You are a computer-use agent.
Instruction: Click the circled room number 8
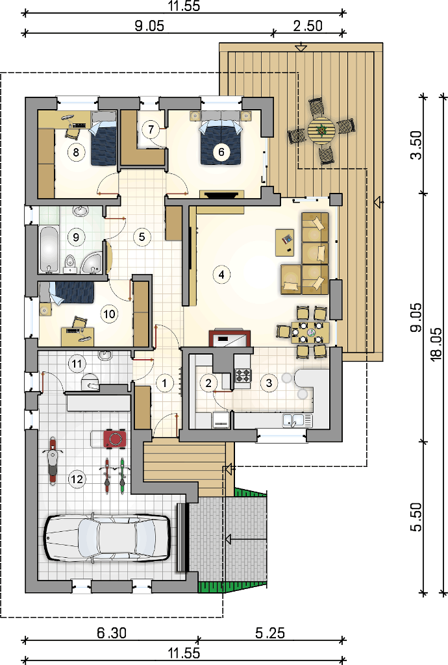(x=76, y=152)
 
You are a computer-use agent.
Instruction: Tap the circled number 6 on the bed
(x=221, y=151)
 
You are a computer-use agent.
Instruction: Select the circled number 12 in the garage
(x=77, y=479)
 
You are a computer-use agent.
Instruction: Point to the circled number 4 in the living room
(x=221, y=275)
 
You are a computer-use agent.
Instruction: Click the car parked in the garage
(x=108, y=537)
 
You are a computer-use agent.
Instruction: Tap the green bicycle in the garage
(x=123, y=475)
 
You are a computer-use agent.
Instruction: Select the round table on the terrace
(x=321, y=131)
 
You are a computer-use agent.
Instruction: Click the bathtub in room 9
(x=50, y=250)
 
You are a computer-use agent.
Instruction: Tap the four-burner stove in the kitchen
(x=243, y=376)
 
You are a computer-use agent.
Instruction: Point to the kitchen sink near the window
(x=297, y=420)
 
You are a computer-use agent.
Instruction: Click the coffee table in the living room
(x=285, y=243)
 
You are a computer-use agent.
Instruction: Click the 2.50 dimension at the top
(x=308, y=26)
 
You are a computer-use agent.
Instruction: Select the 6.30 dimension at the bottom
(x=112, y=634)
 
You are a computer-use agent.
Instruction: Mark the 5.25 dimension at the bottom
(x=270, y=634)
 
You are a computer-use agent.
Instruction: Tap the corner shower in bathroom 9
(x=93, y=263)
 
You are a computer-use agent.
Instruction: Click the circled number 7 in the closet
(x=151, y=129)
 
